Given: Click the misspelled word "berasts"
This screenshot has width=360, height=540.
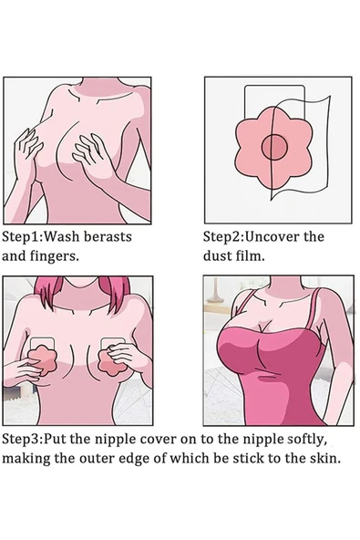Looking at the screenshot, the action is tap(108, 237).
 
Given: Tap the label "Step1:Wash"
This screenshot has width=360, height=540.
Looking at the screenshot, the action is tap(41, 237).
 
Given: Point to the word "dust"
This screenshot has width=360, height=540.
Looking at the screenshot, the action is tap(217, 256).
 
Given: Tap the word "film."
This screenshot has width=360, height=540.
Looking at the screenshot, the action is tap(250, 256).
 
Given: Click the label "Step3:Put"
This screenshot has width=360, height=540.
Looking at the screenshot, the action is tap(35, 440).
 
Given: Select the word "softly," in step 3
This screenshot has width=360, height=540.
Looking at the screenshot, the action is tap(306, 440).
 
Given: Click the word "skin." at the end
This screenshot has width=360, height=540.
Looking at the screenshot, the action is tap(326, 459).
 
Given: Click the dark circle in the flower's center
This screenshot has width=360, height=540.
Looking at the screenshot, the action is tap(274, 147).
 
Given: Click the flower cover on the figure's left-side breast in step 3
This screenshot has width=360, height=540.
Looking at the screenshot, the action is tap(42, 360).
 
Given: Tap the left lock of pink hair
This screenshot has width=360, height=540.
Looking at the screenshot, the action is tap(46, 292).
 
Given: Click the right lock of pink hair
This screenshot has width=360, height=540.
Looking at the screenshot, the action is tap(115, 294).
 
